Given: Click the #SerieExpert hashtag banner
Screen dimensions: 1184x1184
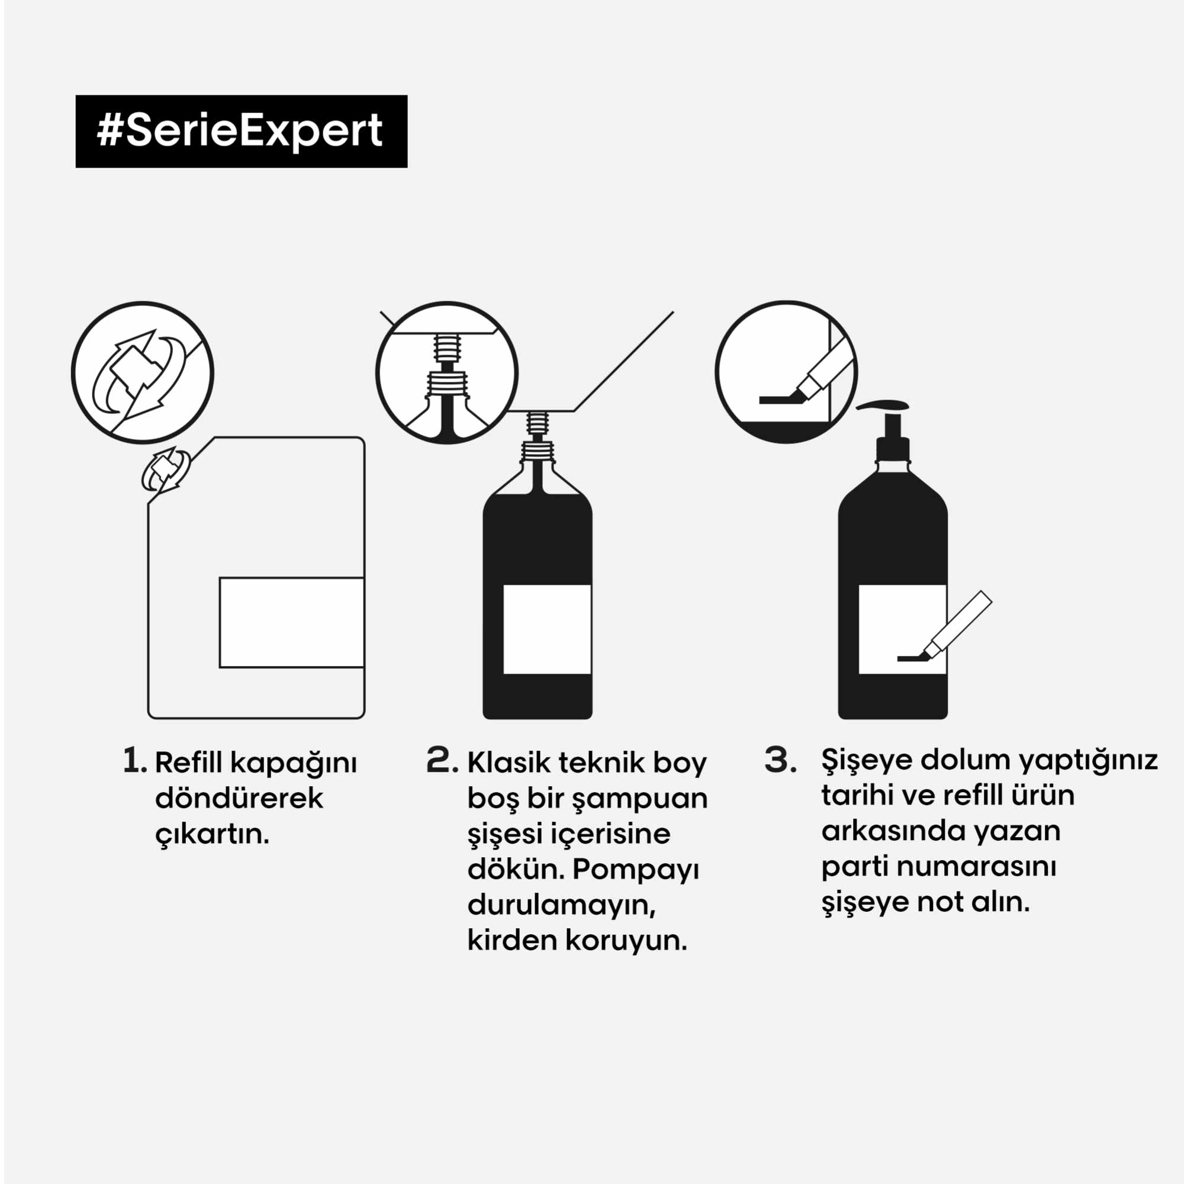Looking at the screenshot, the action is coord(242,131).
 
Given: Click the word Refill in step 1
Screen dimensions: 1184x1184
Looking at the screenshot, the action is coord(190,762).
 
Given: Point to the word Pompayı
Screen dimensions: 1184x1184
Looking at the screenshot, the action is coord(635,870).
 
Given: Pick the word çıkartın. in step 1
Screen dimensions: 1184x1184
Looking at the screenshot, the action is coord(212,834).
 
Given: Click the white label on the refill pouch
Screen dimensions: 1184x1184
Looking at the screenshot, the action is coord(292,622).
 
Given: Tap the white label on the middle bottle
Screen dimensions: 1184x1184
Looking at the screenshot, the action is coord(547,629).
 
